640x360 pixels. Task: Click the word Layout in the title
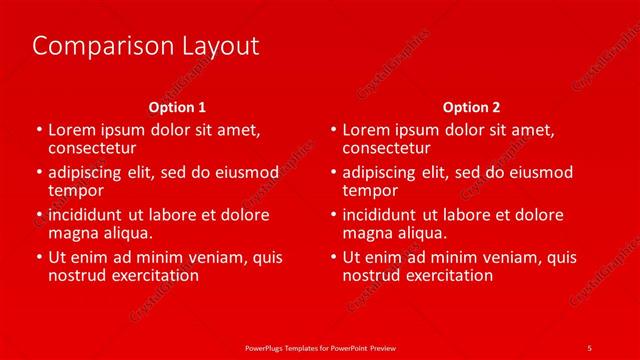point(216,46)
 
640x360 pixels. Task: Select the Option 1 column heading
point(177,106)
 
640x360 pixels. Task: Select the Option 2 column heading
point(471,106)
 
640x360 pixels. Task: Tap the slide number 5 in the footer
point(589,346)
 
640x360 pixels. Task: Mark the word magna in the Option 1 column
point(72,233)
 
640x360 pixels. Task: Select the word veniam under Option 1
point(221,257)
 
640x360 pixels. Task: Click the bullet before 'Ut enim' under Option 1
point(38,257)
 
